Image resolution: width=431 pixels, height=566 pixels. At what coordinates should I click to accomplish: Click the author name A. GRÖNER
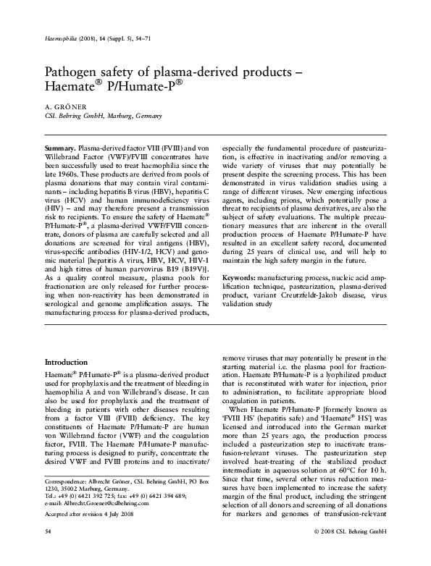tap(63, 106)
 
